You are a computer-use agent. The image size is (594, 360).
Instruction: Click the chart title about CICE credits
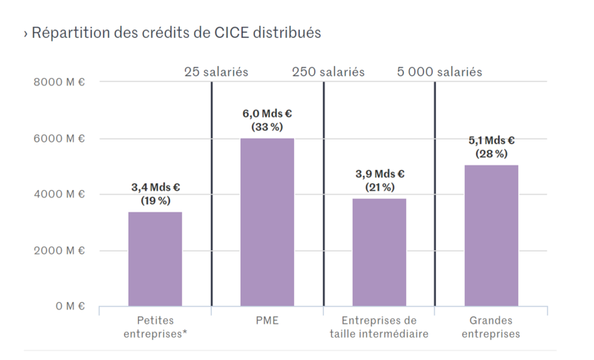pyautogui.click(x=172, y=33)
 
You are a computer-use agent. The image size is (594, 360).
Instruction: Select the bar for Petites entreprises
pyautogui.click(x=155, y=258)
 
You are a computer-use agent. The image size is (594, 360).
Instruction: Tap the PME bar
pyautogui.click(x=267, y=222)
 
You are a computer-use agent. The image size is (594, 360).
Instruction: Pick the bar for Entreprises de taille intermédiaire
pyautogui.click(x=379, y=252)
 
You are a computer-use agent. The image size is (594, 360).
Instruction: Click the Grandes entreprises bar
pyautogui.click(x=492, y=235)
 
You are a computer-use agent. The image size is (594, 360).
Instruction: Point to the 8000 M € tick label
pyautogui.click(x=59, y=82)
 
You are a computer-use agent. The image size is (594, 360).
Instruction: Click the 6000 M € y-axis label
pyautogui.click(x=59, y=138)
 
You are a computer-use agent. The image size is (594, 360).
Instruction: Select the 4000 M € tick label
pyautogui.click(x=59, y=194)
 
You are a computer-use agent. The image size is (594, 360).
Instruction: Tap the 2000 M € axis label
pyautogui.click(x=59, y=250)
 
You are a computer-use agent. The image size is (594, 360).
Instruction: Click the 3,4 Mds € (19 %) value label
pyautogui.click(x=155, y=194)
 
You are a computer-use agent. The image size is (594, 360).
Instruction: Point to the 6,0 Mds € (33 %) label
pyautogui.click(x=267, y=120)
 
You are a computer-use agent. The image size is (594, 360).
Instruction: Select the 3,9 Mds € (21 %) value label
pyautogui.click(x=379, y=180)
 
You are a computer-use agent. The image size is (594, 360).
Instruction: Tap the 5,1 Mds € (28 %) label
pyautogui.click(x=492, y=147)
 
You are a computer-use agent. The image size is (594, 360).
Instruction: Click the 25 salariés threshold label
pyautogui.click(x=216, y=72)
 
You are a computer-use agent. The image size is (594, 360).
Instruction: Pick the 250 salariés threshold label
pyautogui.click(x=328, y=72)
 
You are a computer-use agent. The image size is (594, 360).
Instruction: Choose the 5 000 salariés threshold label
pyautogui.click(x=440, y=72)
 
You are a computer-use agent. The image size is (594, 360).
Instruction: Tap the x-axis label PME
pyautogui.click(x=267, y=321)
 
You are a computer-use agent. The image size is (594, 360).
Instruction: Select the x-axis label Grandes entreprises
pyautogui.click(x=491, y=327)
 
